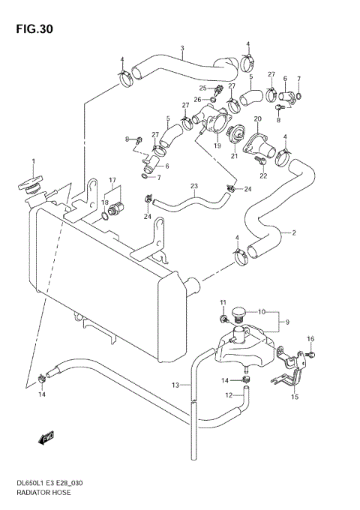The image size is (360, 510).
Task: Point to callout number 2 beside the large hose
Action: click(294, 232)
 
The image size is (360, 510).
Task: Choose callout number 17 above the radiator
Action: click(112, 179)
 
